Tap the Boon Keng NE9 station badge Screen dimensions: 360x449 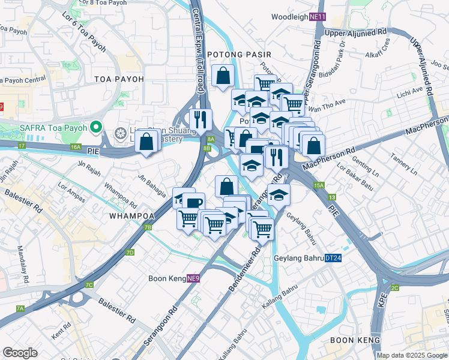(193, 278)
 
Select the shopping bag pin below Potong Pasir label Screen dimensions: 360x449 (223, 76)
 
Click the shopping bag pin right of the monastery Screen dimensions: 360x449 (147, 142)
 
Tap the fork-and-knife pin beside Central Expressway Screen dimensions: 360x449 (200, 119)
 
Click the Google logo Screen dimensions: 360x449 (20, 353)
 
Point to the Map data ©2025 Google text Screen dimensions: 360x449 (412, 355)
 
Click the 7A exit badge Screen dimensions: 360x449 (20, 308)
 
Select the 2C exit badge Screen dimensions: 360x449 (394, 288)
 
